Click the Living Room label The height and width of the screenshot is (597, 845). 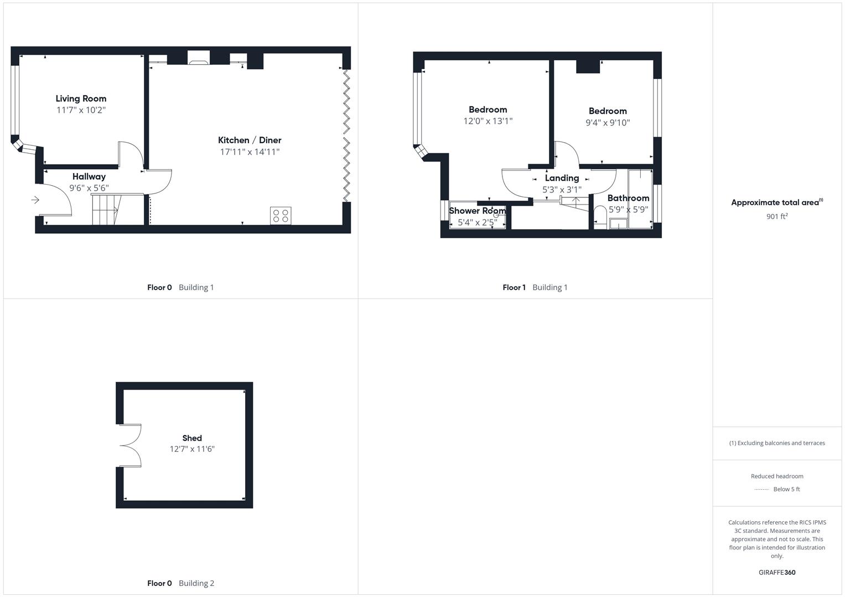point(81,98)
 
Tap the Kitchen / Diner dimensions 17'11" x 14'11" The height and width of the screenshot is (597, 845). point(250,152)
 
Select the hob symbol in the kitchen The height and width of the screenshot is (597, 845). point(281,216)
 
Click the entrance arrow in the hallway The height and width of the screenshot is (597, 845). point(35,200)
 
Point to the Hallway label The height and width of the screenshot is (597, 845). point(89,176)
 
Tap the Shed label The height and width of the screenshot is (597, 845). point(192,438)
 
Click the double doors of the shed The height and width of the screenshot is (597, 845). point(130,446)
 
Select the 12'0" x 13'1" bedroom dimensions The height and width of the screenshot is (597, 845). point(488,121)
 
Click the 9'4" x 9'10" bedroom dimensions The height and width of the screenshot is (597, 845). point(608,123)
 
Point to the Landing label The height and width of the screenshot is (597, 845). point(562,178)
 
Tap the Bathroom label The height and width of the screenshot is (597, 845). point(628,198)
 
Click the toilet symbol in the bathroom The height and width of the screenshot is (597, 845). point(600,216)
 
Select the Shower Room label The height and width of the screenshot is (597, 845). point(477,211)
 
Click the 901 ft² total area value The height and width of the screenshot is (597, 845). point(777,217)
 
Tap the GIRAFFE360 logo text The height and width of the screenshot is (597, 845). point(777,572)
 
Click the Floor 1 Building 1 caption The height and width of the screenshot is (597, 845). point(535,287)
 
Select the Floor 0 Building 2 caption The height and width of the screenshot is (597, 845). point(180,583)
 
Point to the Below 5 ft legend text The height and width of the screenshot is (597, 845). point(786,489)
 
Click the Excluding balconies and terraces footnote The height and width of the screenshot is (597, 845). point(777,443)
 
